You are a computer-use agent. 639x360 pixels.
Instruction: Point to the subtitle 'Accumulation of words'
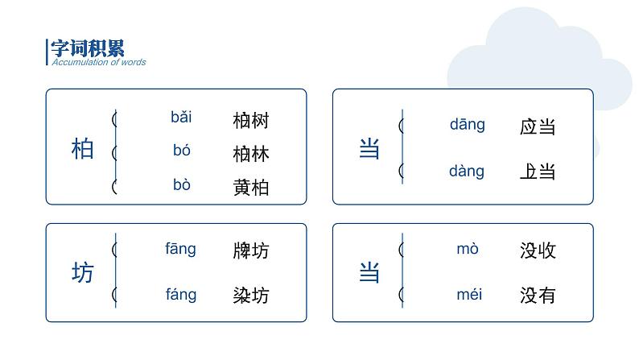tap(99, 62)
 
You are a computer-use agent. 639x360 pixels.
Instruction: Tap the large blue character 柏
tap(83, 149)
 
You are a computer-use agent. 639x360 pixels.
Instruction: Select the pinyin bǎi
tap(181, 118)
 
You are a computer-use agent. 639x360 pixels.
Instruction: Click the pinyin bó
tap(181, 150)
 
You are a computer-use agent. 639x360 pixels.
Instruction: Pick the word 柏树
tap(250, 121)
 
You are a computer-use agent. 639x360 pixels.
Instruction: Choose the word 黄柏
tap(250, 188)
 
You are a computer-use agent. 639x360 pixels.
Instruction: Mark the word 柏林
tap(250, 154)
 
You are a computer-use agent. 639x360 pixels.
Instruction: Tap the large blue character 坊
tap(83, 273)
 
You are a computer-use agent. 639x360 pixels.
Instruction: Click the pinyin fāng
tap(180, 250)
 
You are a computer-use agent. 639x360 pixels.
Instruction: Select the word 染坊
tap(250, 295)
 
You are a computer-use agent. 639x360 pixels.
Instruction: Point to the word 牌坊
tap(250, 250)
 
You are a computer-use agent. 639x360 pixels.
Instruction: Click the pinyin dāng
tap(468, 125)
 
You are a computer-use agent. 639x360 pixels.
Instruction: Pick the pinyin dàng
tap(467, 171)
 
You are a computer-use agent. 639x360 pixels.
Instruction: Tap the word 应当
tap(538, 126)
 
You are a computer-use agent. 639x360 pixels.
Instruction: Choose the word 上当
tap(538, 172)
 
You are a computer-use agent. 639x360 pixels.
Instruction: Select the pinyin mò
tap(468, 249)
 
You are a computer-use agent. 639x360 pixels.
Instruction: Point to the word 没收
tap(538, 250)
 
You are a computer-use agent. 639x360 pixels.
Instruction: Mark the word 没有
tap(538, 296)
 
